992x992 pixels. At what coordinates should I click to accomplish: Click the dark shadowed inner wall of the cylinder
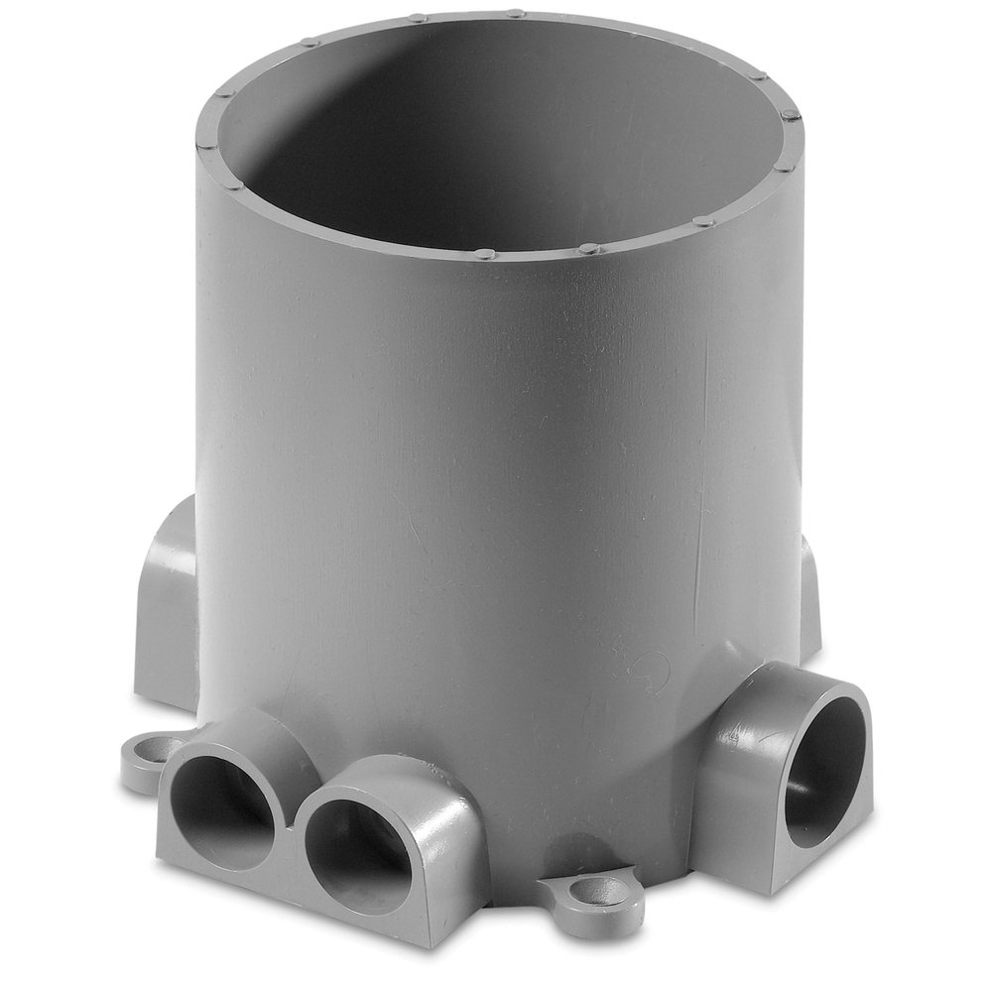[327, 129]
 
